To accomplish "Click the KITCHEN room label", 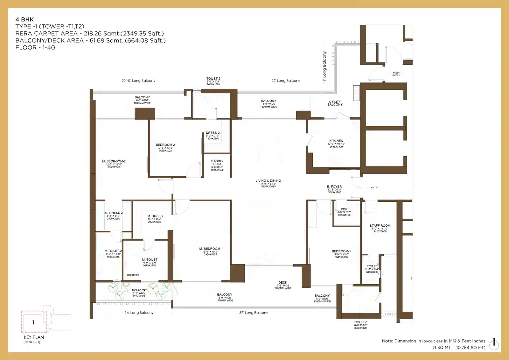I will [x=336, y=141].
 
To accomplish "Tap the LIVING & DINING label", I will [x=268, y=181].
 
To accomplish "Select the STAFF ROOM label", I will [x=380, y=226].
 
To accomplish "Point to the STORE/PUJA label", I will [x=217, y=163].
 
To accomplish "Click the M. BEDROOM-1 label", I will [x=211, y=249].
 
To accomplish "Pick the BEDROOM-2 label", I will [x=165, y=145].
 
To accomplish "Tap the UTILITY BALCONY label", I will [x=335, y=103].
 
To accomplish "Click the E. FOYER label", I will [x=334, y=187].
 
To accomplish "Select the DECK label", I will [x=282, y=283].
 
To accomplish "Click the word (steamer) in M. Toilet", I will [x=133, y=275].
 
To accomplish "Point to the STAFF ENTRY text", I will [x=396, y=74].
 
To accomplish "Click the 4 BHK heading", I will [x=24, y=19].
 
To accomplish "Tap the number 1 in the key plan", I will [x=33, y=322].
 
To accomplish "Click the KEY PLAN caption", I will [x=34, y=337].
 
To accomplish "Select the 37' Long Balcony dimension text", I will [x=254, y=313].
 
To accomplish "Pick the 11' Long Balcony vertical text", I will [x=324, y=67].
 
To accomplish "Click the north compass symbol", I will [x=494, y=343].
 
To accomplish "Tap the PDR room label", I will [x=344, y=209].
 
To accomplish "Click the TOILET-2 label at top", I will [x=213, y=79].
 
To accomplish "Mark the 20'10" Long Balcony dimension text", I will [x=138, y=81].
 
